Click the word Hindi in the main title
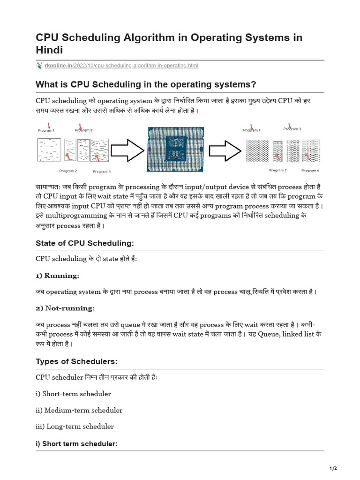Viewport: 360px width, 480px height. (49, 50)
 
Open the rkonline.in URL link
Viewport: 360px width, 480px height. (121, 66)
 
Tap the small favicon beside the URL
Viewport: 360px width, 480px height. (39, 66)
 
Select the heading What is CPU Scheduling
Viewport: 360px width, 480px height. (146, 84)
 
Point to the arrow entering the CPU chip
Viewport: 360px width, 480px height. (128, 150)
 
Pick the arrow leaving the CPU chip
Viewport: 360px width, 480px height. (224, 150)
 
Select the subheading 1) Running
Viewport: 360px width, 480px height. (58, 275)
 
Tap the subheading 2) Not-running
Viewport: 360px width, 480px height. (65, 308)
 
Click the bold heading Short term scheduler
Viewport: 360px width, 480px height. (76, 443)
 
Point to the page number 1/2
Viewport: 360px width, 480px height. (333, 468)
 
